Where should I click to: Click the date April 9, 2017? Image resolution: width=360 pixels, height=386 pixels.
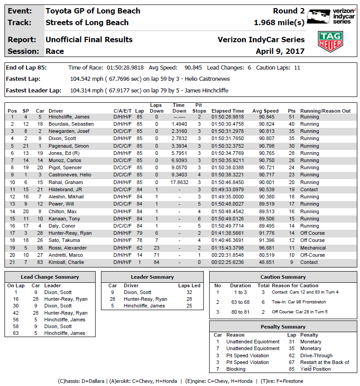(x=280, y=51)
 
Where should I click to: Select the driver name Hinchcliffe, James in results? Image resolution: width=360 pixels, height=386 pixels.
(x=69, y=117)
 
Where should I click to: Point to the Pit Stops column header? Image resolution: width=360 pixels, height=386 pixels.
(x=199, y=108)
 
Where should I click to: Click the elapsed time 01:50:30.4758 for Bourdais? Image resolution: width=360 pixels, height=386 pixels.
(x=228, y=124)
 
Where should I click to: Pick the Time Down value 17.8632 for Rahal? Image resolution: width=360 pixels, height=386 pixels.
(x=179, y=182)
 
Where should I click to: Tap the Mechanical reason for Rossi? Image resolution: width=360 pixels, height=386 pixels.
(x=313, y=248)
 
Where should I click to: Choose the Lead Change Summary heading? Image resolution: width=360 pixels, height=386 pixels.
(x=49, y=277)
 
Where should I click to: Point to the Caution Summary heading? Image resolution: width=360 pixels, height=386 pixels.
(x=283, y=277)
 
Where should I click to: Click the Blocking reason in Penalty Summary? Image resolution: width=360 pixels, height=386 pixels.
(x=236, y=369)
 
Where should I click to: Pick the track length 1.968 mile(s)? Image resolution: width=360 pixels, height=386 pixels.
(x=279, y=22)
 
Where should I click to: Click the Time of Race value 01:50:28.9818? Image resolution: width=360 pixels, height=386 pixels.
(x=125, y=68)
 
